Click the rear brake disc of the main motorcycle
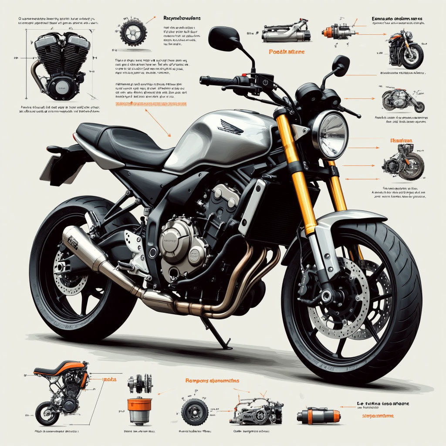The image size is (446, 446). coord(70,272)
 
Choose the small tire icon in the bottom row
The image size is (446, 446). coord(194,412)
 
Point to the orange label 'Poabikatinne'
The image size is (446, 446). coord(280,52)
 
